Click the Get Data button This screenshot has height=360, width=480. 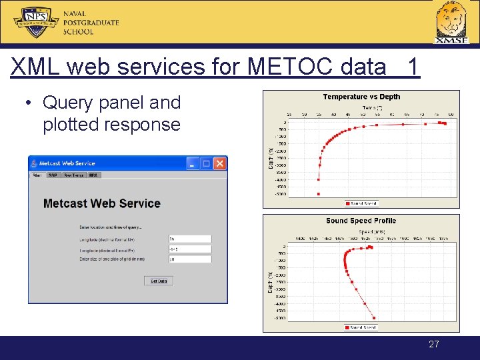point(159,281)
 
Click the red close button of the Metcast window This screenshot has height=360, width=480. point(220,163)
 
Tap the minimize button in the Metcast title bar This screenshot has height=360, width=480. point(193,163)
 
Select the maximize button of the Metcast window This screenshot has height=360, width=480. point(207,163)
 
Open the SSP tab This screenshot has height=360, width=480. point(52,175)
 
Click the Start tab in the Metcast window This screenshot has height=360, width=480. point(37,175)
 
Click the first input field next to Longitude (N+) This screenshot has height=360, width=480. point(189,238)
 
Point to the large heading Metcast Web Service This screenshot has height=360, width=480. point(101,203)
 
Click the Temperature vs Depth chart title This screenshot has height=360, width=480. point(361,97)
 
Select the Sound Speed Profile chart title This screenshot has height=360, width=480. point(361,221)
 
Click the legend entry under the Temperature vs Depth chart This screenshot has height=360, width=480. point(361,203)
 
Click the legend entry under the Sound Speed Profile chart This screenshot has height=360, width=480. point(361,327)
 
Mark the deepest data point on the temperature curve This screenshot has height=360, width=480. point(319,194)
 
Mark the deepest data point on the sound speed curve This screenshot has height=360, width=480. point(374,318)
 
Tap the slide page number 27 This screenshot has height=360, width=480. point(434,344)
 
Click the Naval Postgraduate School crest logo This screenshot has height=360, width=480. point(36,21)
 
